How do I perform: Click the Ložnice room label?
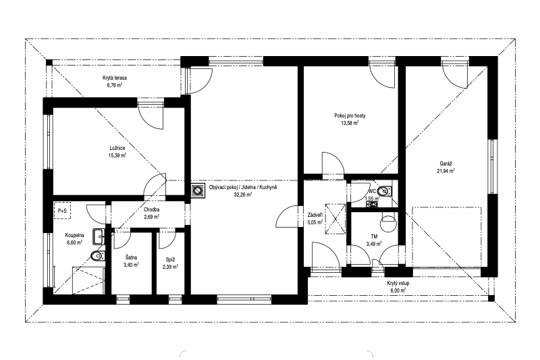pyautogui.click(x=117, y=148)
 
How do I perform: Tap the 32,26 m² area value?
pyautogui.click(x=243, y=195)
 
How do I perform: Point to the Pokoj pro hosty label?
pyautogui.click(x=350, y=115)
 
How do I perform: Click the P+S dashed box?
pyautogui.click(x=62, y=211)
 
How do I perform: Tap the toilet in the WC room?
pyautogui.click(x=384, y=190)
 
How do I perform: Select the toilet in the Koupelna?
pyautogui.click(x=97, y=256)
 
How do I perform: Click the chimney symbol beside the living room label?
pyautogui.click(x=197, y=190)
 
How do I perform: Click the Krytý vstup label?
pyautogui.click(x=398, y=284)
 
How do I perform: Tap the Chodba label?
pyautogui.click(x=151, y=209)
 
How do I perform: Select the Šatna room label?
pyautogui.click(x=131, y=258)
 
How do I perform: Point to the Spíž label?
pyautogui.click(x=170, y=259)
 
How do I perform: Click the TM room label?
pyautogui.click(x=374, y=236)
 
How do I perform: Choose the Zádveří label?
pyautogui.click(x=315, y=215)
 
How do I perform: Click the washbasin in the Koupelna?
pyautogui.click(x=99, y=236)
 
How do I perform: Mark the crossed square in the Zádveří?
pyautogui.click(x=335, y=219)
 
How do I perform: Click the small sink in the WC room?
pyautogui.click(x=372, y=204)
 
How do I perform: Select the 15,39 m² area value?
pyautogui.click(x=117, y=155)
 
